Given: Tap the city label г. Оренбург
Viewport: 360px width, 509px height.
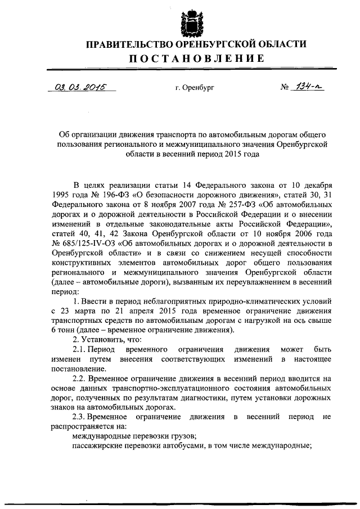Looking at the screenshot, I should tap(195, 89).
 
